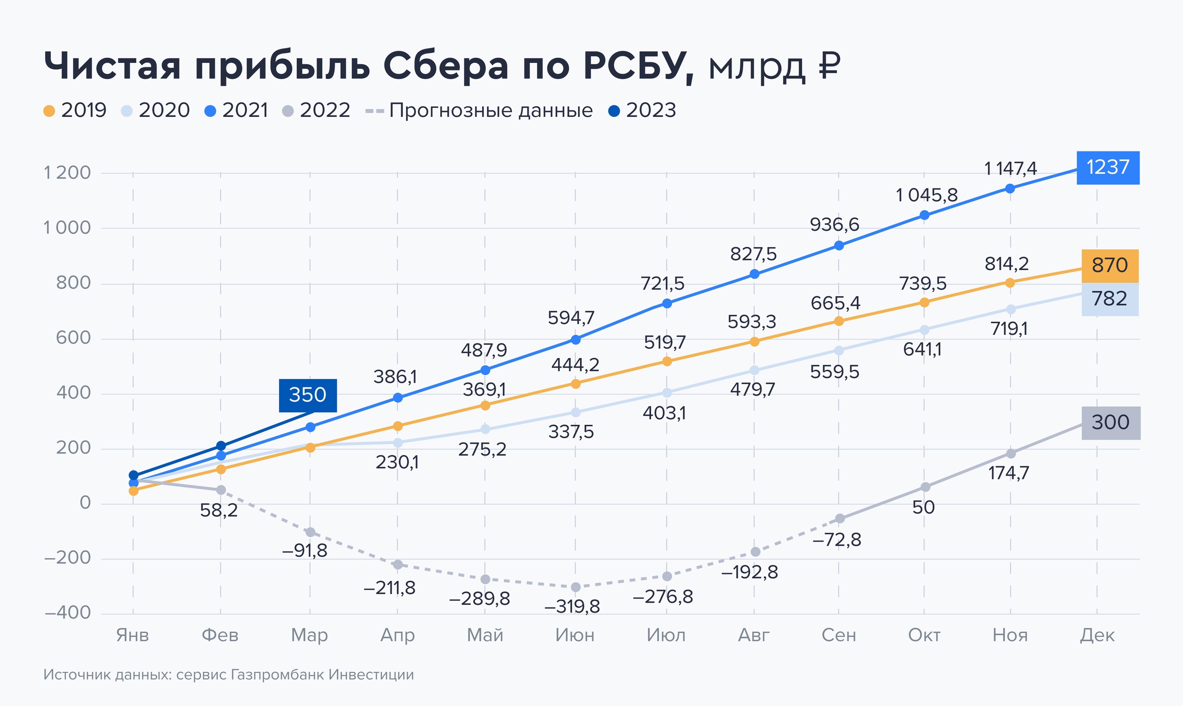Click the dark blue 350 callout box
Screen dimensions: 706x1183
pos(307,395)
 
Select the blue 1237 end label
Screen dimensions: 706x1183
pos(1108,168)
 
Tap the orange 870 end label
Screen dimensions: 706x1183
pos(1110,266)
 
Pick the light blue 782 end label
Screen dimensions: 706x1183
pos(1110,299)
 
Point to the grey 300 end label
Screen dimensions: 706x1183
pos(1110,422)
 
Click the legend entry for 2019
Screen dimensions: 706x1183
pos(75,110)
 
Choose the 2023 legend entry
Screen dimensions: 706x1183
pos(643,110)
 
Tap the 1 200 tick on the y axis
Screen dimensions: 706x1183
pos(67,173)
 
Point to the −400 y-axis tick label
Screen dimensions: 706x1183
pos(67,613)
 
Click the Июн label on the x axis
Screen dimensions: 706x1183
pos(575,635)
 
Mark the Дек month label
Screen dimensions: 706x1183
pos(1098,635)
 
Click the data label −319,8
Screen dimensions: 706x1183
pos(572,607)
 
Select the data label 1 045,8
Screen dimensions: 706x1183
pos(927,195)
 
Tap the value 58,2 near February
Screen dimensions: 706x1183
pos(219,511)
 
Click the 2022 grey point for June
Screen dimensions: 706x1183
pos(575,587)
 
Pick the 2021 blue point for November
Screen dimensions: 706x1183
pos(1010,188)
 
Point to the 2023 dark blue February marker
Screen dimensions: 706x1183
pos(221,446)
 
